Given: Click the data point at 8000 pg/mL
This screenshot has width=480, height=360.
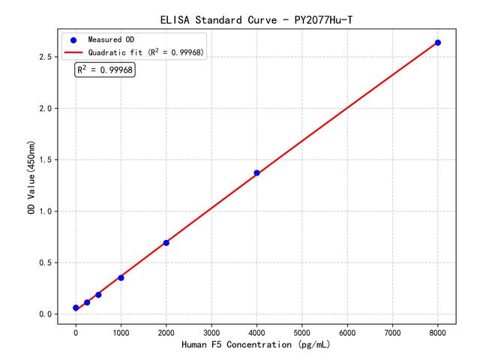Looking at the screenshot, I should pos(438,43).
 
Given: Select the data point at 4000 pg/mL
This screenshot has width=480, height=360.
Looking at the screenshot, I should pos(256,173).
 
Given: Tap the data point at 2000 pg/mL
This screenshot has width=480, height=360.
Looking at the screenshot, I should pos(166,243).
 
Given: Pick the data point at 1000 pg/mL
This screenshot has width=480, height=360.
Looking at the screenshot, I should pos(121,277).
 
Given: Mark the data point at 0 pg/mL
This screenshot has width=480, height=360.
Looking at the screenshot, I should pos(76,308).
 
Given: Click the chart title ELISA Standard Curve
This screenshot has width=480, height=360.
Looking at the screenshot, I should pos(256,19).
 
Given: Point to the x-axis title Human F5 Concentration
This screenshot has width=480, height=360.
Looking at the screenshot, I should pos(256,345).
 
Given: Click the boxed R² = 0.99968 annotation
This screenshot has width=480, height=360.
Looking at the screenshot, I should pos(105,70).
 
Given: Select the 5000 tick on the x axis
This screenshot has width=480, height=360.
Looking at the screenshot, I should pos(302,331).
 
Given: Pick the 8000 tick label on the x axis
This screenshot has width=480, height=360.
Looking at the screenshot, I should pos(438,331).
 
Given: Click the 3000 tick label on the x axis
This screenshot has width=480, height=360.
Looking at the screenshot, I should pos(211,331).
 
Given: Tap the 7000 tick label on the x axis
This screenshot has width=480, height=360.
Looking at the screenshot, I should pos(393,331).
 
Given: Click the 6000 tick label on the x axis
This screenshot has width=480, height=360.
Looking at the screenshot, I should pos(347,331).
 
